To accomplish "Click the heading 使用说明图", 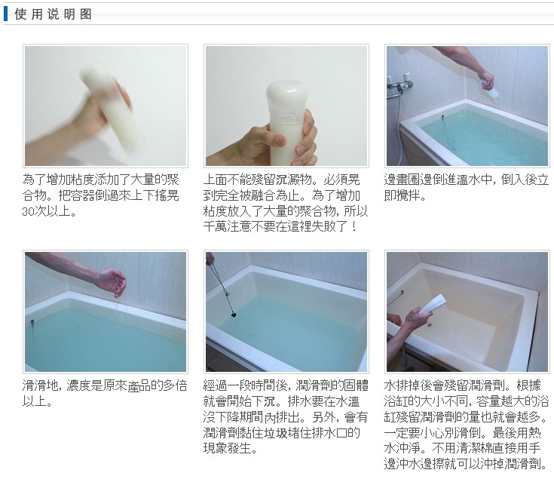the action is pyautogui.click(x=53, y=14).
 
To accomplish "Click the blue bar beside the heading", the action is pyautogui.click(x=6, y=14).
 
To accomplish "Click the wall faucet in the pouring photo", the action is pyautogui.click(x=400, y=84).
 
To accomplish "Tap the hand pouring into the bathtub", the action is pyautogui.click(x=487, y=80).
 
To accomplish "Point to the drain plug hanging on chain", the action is pyautogui.click(x=233, y=313).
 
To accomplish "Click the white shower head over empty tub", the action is pyautogui.click(x=433, y=303).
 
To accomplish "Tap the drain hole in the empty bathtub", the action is pyautogui.click(x=430, y=324).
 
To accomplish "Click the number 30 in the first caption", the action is pyautogui.click(x=28, y=211).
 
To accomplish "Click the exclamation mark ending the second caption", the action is pyautogui.click(x=354, y=226).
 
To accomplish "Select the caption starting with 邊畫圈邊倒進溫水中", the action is pyautogui.click(x=466, y=187).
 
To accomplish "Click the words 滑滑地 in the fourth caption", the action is pyautogui.click(x=40, y=385).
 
